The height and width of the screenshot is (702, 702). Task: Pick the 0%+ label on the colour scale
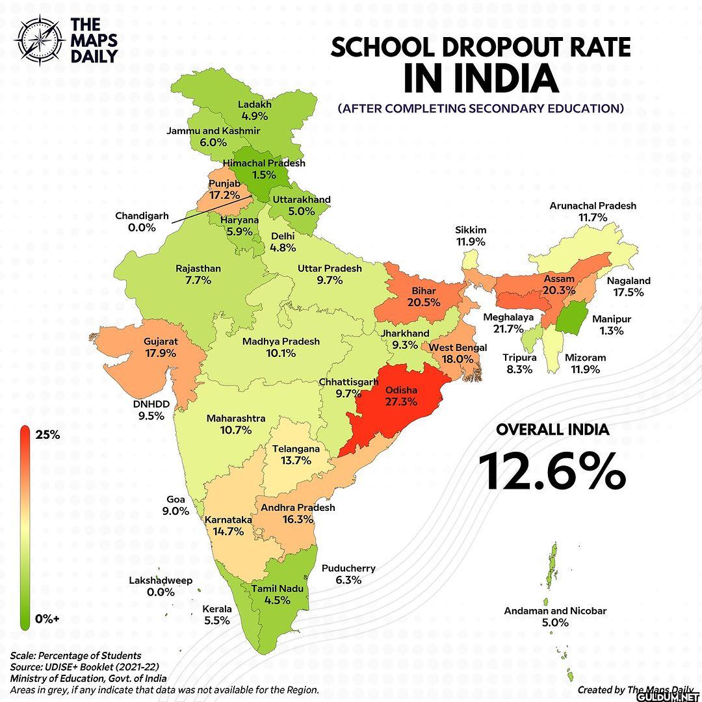[x=47, y=619]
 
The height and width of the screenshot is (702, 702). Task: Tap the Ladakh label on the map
[x=254, y=104]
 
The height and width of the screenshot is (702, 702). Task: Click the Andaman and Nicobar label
[x=555, y=611]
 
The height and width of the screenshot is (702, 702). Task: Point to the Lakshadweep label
[x=161, y=580]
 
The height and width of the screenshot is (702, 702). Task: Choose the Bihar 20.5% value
[x=423, y=302]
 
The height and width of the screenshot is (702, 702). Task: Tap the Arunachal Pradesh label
[x=593, y=205]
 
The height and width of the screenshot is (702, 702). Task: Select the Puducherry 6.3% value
[x=348, y=580]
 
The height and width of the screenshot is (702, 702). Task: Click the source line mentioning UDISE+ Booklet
[x=84, y=667]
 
